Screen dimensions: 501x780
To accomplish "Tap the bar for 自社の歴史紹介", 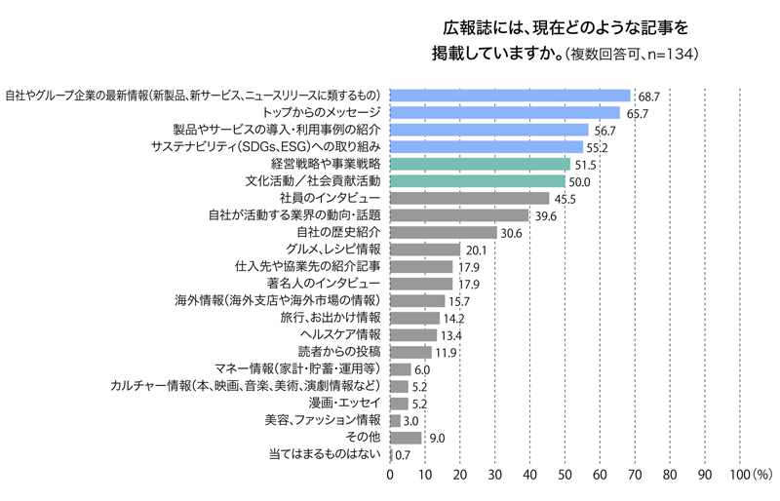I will (x=444, y=232).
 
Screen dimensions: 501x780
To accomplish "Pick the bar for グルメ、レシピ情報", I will (x=425, y=250).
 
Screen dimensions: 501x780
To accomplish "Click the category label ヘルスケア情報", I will (x=339, y=333).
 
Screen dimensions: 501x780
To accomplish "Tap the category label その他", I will (x=363, y=436).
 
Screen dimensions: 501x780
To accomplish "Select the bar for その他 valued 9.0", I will (x=406, y=438).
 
